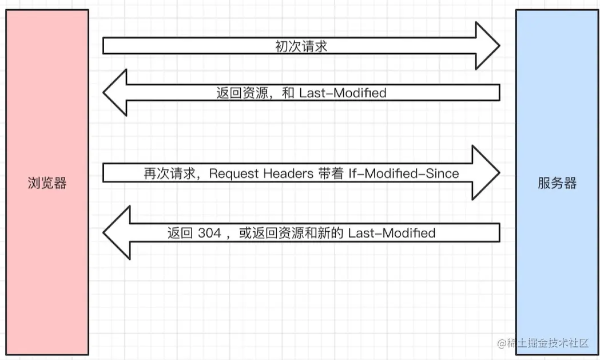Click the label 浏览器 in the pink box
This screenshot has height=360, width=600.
[47, 183]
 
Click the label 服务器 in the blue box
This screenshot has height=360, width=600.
[557, 183]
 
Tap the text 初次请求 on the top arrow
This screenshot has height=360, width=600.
[301, 47]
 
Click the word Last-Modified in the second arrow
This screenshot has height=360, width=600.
[343, 93]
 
